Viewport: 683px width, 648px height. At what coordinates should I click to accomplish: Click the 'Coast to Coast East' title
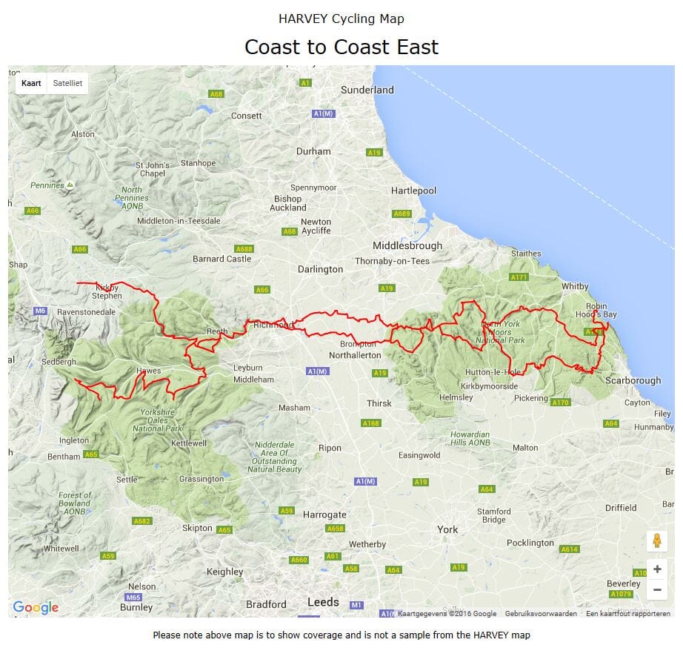(x=341, y=47)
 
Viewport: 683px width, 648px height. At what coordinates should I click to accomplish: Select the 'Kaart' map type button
(x=31, y=83)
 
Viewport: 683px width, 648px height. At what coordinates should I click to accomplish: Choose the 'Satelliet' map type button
(x=67, y=83)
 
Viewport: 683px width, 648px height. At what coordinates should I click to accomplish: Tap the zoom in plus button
(x=656, y=569)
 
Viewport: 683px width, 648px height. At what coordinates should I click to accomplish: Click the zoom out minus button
(x=656, y=590)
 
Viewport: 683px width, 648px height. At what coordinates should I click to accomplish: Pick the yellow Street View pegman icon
(x=656, y=541)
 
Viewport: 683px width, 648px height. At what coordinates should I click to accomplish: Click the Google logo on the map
(x=36, y=608)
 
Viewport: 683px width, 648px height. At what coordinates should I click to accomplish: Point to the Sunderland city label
(x=367, y=90)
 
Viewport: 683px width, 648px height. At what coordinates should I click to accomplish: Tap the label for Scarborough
(x=633, y=380)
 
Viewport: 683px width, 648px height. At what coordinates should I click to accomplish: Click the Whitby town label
(x=575, y=286)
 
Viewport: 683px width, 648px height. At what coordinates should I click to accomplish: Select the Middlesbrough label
(x=407, y=245)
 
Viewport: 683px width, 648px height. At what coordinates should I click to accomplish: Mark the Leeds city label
(x=323, y=602)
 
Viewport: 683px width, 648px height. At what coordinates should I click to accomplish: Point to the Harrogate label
(x=324, y=515)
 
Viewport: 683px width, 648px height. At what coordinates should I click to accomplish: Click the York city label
(x=447, y=529)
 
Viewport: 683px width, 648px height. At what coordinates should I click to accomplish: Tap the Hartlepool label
(x=414, y=191)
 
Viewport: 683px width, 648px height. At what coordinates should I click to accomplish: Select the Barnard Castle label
(x=221, y=259)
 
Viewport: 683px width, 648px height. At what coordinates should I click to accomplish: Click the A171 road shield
(x=519, y=277)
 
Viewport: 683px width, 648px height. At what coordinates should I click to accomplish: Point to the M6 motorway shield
(x=40, y=311)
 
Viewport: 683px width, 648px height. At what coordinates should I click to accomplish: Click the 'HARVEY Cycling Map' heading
(x=341, y=19)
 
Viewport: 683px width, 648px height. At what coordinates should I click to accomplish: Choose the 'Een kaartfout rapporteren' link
(x=627, y=614)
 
